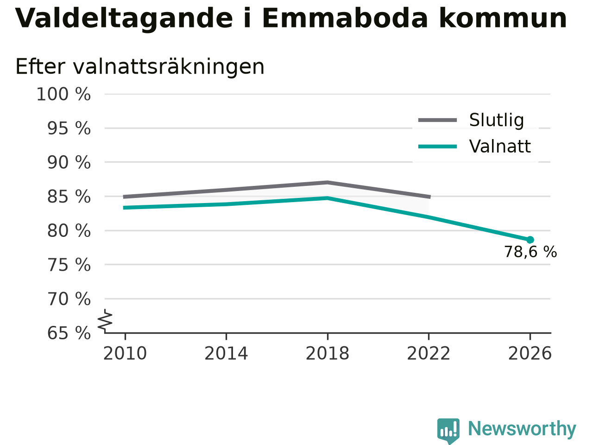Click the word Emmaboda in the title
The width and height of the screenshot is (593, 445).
(x=345, y=18)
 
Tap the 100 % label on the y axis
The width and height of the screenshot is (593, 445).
(x=63, y=94)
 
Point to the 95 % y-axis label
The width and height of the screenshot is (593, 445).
(x=69, y=128)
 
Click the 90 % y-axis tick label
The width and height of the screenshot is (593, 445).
(x=69, y=162)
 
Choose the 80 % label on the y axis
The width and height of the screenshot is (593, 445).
(x=69, y=231)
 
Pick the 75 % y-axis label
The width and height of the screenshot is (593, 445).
(x=69, y=265)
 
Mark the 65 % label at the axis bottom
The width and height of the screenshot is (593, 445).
(x=69, y=333)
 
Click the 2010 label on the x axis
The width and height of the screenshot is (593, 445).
(x=125, y=353)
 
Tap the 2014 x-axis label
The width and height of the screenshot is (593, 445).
(x=226, y=353)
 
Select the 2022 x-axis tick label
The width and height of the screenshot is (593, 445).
(x=429, y=353)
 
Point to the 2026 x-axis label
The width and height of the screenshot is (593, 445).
(x=530, y=353)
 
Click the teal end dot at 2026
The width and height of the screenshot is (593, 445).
(x=530, y=240)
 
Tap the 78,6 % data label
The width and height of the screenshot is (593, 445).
(x=530, y=252)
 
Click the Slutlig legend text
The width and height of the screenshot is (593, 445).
(x=497, y=120)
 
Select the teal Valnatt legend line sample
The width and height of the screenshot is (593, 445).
(x=438, y=147)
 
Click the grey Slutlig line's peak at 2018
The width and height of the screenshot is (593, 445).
(x=328, y=183)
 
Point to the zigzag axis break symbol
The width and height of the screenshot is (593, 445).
(x=105, y=321)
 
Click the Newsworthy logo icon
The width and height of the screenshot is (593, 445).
(x=448, y=431)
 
